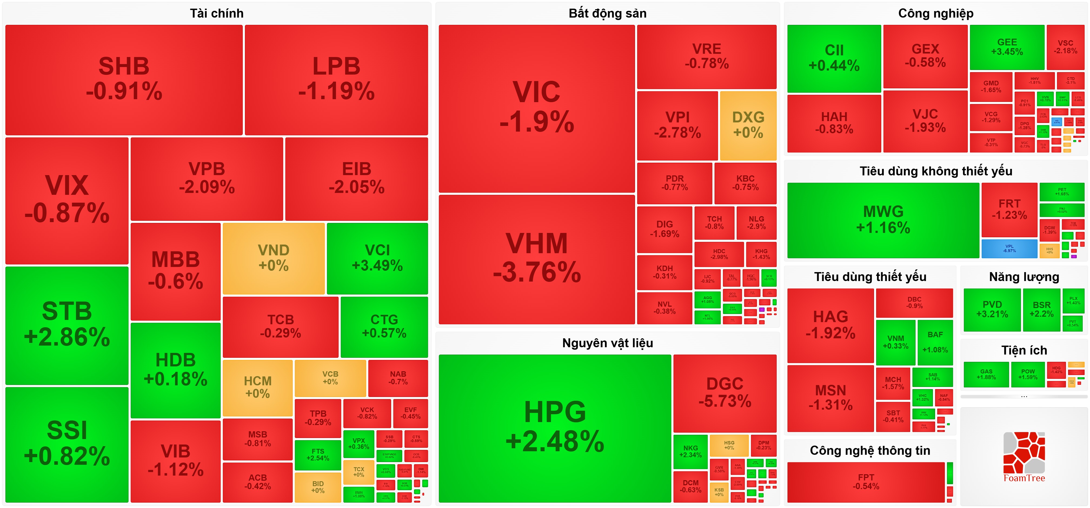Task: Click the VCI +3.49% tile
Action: (x=377, y=258)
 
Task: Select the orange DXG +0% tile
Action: (x=748, y=125)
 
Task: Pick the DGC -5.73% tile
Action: (x=725, y=393)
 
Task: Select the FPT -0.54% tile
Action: (x=866, y=482)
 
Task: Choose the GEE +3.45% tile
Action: (x=1007, y=47)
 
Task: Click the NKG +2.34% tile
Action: (x=690, y=451)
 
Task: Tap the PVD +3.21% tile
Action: (x=992, y=310)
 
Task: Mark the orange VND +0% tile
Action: (x=273, y=258)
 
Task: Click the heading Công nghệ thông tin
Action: (x=870, y=450)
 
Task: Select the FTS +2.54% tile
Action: (x=317, y=455)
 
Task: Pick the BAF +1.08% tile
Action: (x=935, y=342)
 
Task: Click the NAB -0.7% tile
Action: (x=398, y=378)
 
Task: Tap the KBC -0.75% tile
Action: (x=745, y=183)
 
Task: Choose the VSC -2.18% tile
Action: (x=1065, y=47)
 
